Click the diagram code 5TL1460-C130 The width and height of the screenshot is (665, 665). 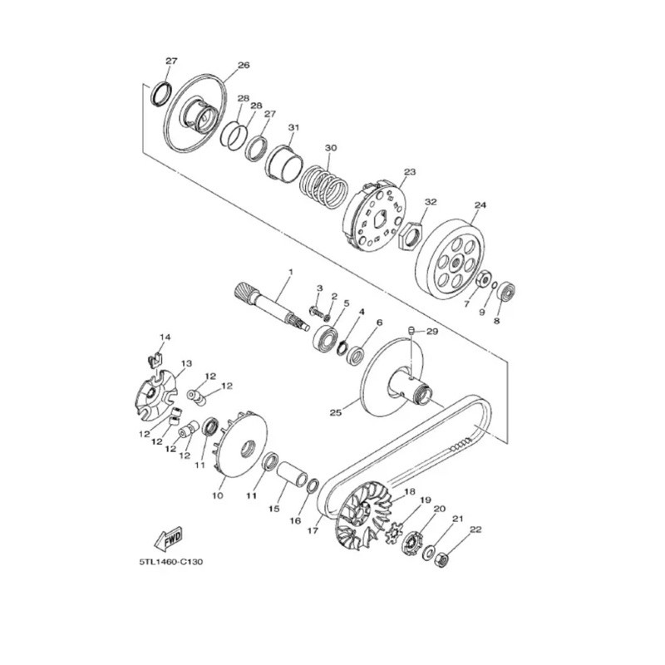pyautogui.click(x=171, y=562)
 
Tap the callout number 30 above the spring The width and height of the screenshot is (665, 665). pyautogui.click(x=331, y=148)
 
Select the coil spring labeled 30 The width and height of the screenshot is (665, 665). pyautogui.click(x=324, y=185)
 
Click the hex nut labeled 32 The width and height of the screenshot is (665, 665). pyautogui.click(x=411, y=235)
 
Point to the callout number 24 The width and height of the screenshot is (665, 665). pyautogui.click(x=480, y=205)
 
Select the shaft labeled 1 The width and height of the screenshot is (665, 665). pyautogui.click(x=273, y=306)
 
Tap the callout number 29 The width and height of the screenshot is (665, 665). pyautogui.click(x=431, y=331)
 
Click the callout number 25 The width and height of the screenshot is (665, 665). pyautogui.click(x=336, y=411)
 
